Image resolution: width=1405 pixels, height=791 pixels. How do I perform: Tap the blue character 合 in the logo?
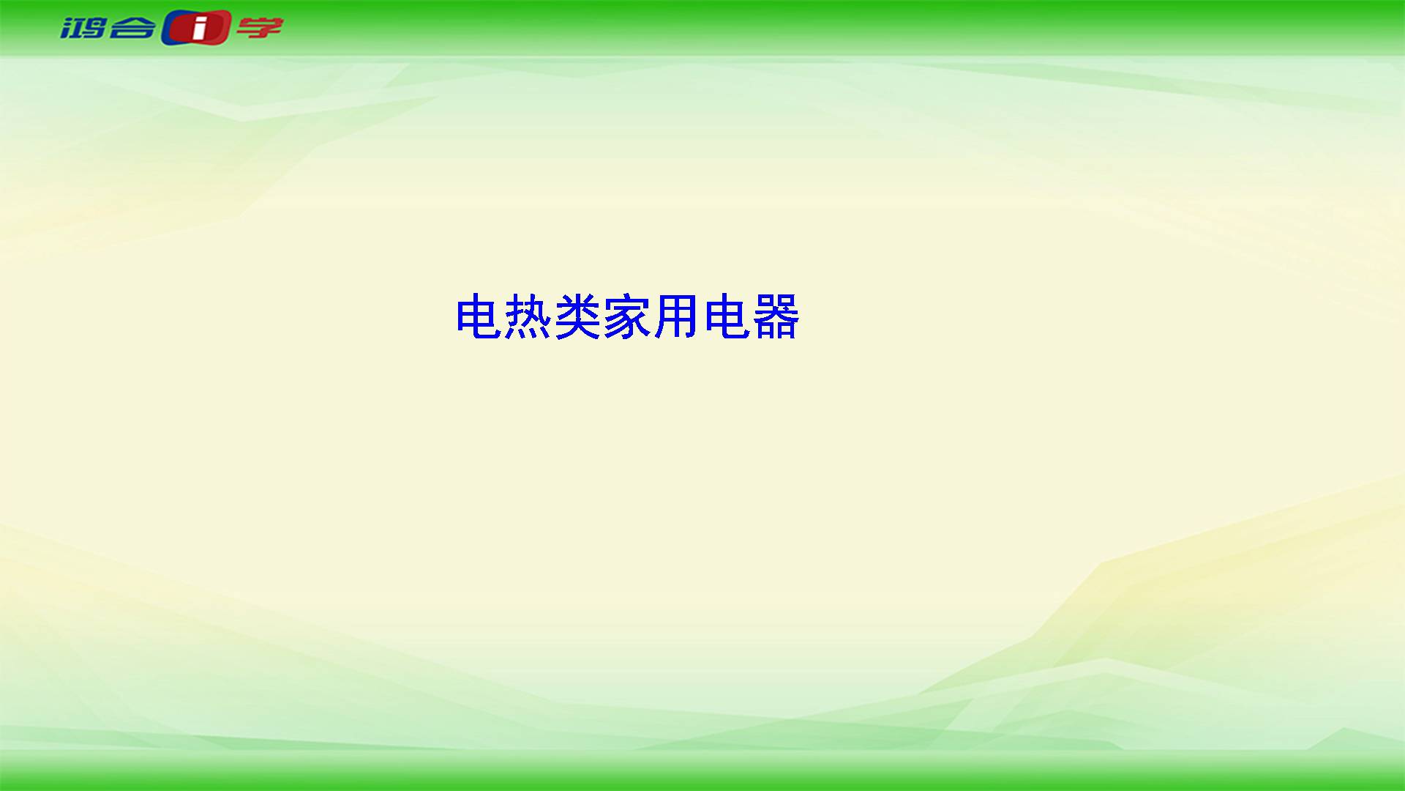coord(132,28)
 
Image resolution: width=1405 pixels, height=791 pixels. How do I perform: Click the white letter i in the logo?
coord(198,29)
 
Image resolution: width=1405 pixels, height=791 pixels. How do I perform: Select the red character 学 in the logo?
coord(259,28)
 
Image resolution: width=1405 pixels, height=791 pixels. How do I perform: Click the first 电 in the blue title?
coord(479,316)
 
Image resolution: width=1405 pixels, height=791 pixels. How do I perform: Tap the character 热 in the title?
coord(528,316)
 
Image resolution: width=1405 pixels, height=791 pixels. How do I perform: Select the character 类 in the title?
coord(578,316)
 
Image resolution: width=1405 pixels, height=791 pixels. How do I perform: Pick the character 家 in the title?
coord(628,316)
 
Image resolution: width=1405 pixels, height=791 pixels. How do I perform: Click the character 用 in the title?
coord(677,316)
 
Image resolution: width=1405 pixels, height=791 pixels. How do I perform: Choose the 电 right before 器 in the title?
coord(727,316)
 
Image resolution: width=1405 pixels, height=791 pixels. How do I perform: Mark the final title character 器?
coord(776,316)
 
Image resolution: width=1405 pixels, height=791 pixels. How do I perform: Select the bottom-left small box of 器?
coord(765,331)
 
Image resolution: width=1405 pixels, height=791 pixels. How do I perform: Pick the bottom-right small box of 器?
coord(787,331)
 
